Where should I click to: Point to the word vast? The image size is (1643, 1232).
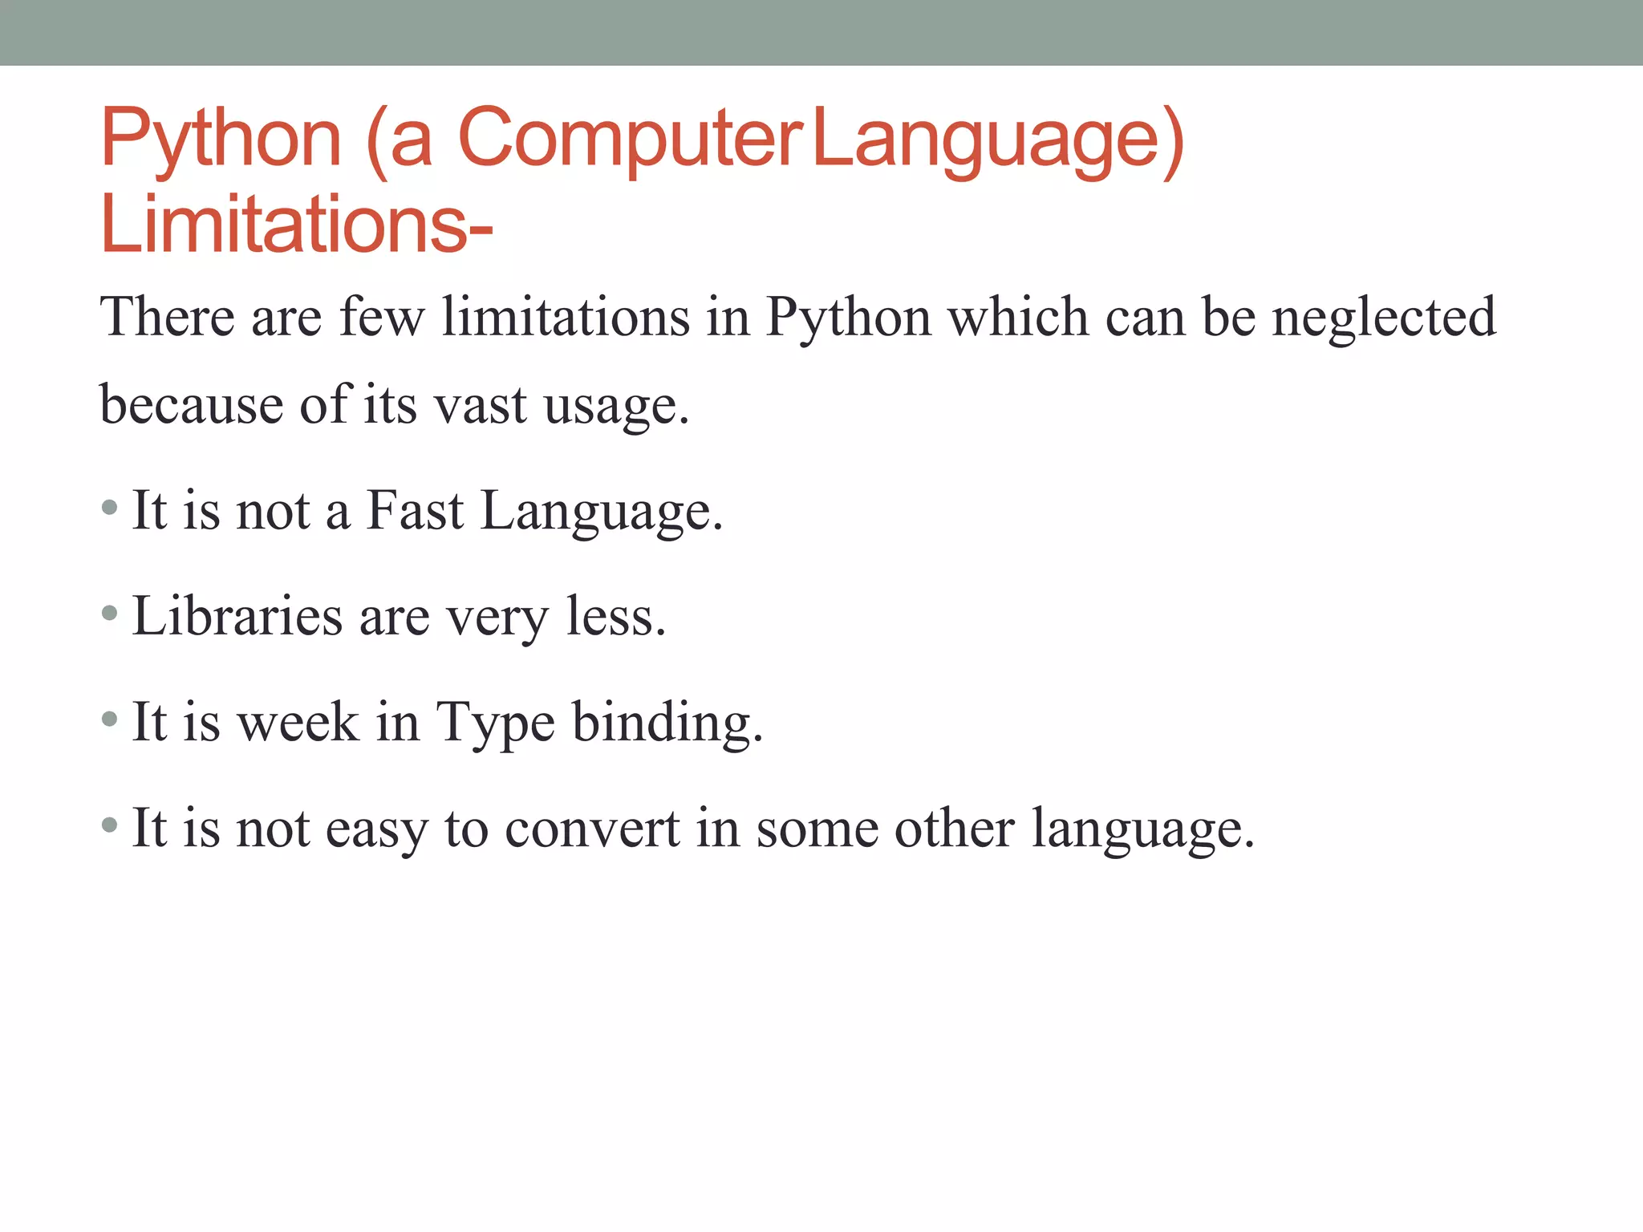480,404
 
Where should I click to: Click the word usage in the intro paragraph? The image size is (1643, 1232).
615,406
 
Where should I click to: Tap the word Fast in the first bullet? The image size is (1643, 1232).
415,510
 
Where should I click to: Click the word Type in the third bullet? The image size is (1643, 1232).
495,723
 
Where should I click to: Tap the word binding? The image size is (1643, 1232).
667,723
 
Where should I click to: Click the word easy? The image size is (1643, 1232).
376,829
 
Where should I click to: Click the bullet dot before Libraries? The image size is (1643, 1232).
110,614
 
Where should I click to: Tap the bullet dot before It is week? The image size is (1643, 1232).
110,720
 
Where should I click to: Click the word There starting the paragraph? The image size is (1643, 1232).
167,317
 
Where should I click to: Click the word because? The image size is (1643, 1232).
191,404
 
